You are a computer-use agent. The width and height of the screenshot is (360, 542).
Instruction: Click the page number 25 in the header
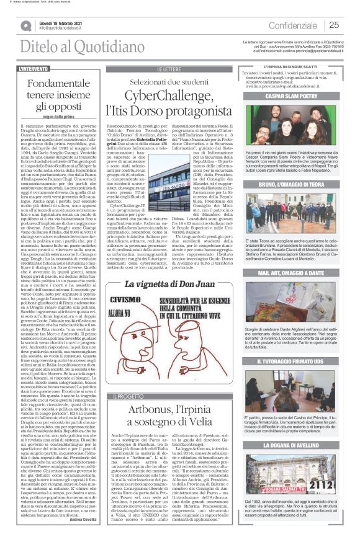(334, 25)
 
